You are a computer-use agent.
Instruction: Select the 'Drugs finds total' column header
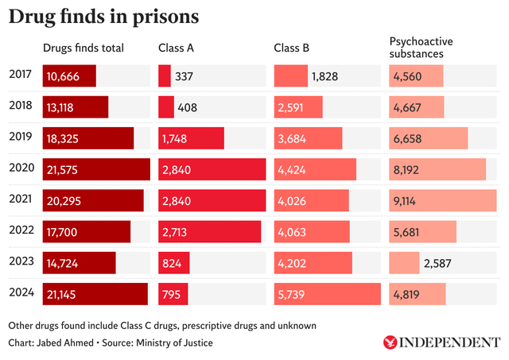[84, 48]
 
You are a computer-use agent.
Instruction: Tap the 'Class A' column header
[176, 48]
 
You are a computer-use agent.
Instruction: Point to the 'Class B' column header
[291, 48]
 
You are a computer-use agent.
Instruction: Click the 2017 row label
[21, 76]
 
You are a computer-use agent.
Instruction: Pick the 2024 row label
[21, 293]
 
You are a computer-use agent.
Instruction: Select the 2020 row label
[21, 168]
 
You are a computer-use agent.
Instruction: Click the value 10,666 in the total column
[63, 76]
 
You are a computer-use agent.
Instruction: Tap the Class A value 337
[187, 76]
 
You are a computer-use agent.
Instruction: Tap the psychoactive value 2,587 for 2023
[440, 263]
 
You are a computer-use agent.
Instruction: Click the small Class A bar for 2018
[165, 107]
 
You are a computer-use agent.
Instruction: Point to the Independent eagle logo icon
[390, 343]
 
